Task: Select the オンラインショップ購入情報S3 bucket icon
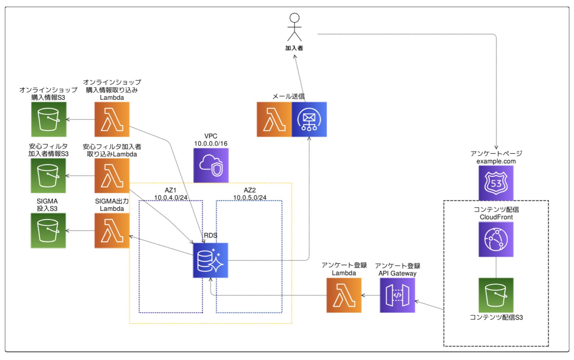coord(49,119)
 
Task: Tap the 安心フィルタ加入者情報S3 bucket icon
coord(48,176)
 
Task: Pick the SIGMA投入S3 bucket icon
coord(48,231)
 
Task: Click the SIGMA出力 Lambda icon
coord(112,231)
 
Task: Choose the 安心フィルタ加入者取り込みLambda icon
coord(112,176)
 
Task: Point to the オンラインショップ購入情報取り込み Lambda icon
coord(112,119)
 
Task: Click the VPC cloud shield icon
coord(211,165)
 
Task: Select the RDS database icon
coord(210,260)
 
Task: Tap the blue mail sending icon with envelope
coord(309,119)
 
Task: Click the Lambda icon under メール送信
coord(274,119)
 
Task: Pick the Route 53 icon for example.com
coord(496,183)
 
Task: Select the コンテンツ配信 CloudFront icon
coord(496,239)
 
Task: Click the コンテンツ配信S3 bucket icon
coord(496,295)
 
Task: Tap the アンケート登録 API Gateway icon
coord(397,295)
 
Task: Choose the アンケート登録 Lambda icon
coord(344,295)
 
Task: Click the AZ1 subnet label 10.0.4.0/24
coord(171,198)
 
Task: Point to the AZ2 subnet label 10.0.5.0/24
coord(250,198)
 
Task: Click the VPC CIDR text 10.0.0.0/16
coord(211,143)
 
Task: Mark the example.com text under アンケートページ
coord(496,161)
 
